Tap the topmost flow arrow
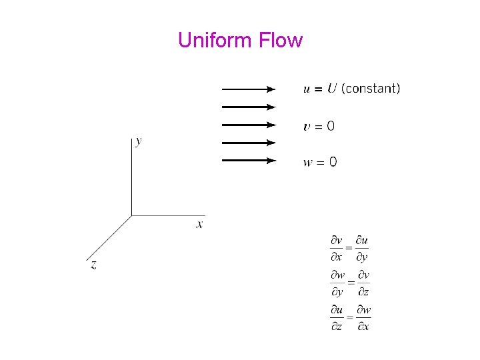click(248, 89)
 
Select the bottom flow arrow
click(248, 160)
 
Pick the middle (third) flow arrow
click(248, 124)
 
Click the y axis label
click(138, 141)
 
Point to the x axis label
click(199, 224)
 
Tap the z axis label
click(93, 265)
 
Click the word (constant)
click(371, 89)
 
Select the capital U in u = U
click(331, 89)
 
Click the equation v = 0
click(319, 125)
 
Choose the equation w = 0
click(320, 162)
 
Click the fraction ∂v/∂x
click(337, 248)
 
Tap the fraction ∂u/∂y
click(362, 248)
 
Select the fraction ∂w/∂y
click(337, 283)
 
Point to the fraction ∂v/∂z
click(363, 283)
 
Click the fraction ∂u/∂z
click(337, 318)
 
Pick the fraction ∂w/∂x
click(363, 318)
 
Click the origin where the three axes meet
click(131, 215)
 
